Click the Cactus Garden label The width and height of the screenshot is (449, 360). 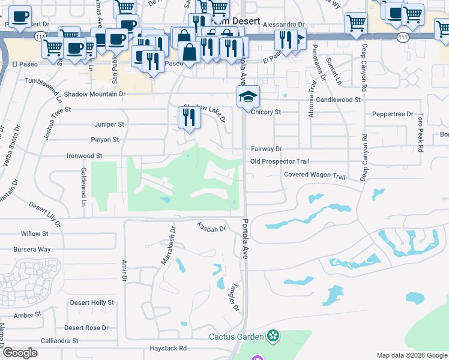(237, 336)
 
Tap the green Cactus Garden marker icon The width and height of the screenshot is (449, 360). (274, 336)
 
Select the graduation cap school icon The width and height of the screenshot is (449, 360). (248, 97)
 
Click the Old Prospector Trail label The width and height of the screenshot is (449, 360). (280, 161)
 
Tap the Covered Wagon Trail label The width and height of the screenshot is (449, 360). (315, 176)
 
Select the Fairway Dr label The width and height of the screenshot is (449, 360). (266, 148)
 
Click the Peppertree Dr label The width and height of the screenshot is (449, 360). (393, 113)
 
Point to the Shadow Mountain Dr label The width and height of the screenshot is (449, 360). (94, 94)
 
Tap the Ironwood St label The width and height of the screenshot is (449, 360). (83, 156)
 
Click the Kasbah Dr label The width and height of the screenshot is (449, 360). (211, 228)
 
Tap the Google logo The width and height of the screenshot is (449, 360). (20, 353)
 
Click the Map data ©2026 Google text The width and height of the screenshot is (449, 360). (411, 355)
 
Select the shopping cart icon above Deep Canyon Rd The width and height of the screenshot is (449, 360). (356, 23)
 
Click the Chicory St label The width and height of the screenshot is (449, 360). (266, 112)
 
